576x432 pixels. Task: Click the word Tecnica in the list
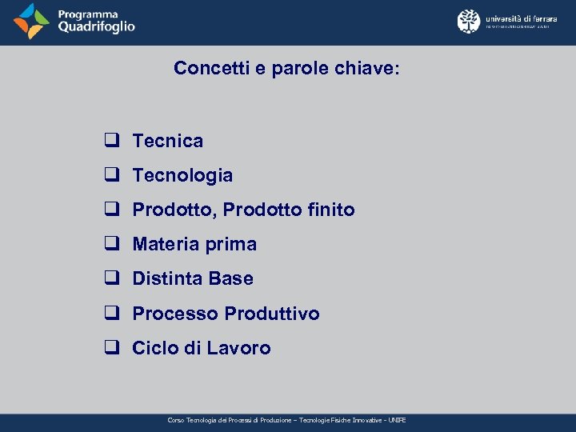tap(167, 141)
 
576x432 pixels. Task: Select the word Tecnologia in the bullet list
tap(182, 175)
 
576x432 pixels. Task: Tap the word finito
tap(330, 210)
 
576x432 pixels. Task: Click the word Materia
tap(165, 244)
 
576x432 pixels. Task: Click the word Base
tap(230, 278)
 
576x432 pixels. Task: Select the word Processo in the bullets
tap(175, 314)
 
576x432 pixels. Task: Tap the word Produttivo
tap(272, 314)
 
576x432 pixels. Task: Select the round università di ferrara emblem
tap(469, 21)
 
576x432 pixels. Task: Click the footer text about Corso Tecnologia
tap(286, 420)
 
